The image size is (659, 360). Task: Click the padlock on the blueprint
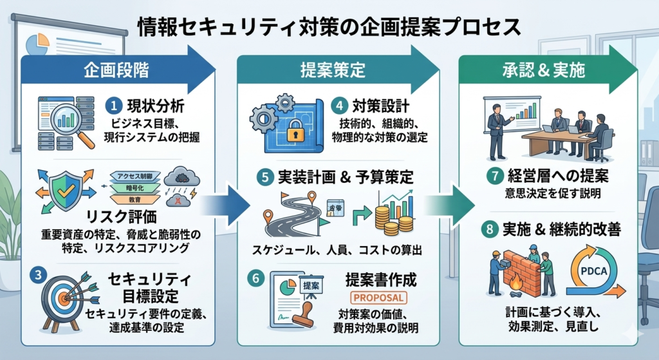pyautogui.click(x=295, y=130)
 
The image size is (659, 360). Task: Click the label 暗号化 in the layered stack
pyautogui.click(x=141, y=187)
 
